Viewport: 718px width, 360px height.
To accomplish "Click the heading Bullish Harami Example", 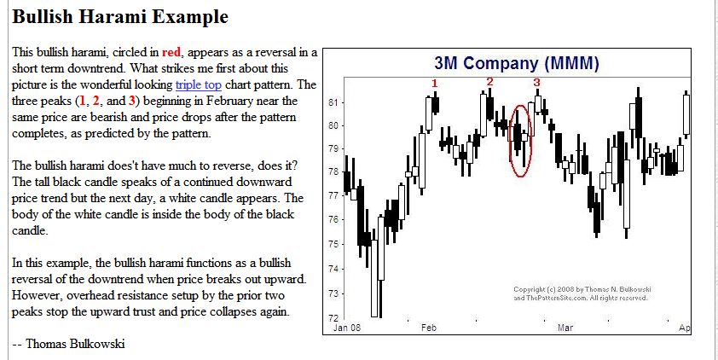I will point(120,16).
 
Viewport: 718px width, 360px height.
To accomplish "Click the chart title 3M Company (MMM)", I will point(516,63).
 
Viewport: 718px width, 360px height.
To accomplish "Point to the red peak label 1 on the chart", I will point(435,83).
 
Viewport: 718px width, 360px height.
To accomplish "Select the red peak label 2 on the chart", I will point(489,82).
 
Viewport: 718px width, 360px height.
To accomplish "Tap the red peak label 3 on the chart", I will point(536,83).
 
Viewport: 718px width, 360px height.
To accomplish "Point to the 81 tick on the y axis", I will point(333,102).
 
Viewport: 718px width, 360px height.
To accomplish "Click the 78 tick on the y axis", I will point(333,172).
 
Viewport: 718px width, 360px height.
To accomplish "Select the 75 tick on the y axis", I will point(333,244).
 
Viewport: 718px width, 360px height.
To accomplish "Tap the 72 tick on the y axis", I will point(333,317).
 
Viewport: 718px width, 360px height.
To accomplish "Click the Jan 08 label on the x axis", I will point(346,328).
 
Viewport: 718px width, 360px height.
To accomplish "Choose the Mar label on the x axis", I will point(565,328).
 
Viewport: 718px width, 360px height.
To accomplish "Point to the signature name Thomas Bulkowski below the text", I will point(75,344).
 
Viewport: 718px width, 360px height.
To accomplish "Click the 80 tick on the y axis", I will point(333,125).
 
